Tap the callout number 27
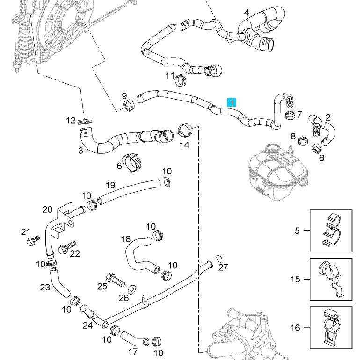click(x=223, y=267)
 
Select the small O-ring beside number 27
click(x=219, y=258)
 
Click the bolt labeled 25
click(x=115, y=279)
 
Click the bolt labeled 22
click(x=68, y=246)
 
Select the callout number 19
click(x=110, y=185)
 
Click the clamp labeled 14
click(x=187, y=130)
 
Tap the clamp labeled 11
click(x=180, y=81)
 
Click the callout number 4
click(x=247, y=12)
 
